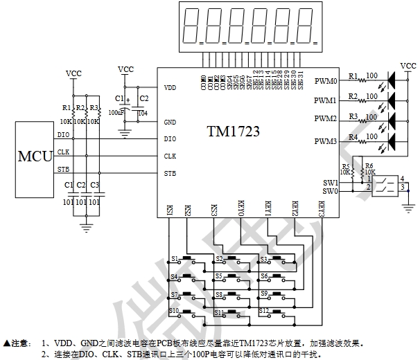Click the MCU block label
click(x=35, y=155)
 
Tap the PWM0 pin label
click(x=325, y=80)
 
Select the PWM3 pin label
click(x=325, y=142)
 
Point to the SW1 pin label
click(x=331, y=183)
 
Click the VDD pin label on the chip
click(x=170, y=89)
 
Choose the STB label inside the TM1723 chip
click(x=170, y=173)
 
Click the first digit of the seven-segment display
click(x=190, y=24)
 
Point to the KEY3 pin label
click(x=321, y=210)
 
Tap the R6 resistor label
click(x=369, y=165)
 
